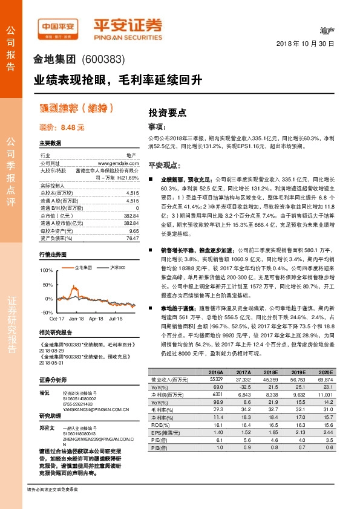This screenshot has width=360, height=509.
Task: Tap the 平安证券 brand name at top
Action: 127,25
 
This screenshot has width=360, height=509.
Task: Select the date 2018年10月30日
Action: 306,45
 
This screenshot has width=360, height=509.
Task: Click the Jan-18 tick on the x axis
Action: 76,317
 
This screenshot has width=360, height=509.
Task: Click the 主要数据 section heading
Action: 50,143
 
